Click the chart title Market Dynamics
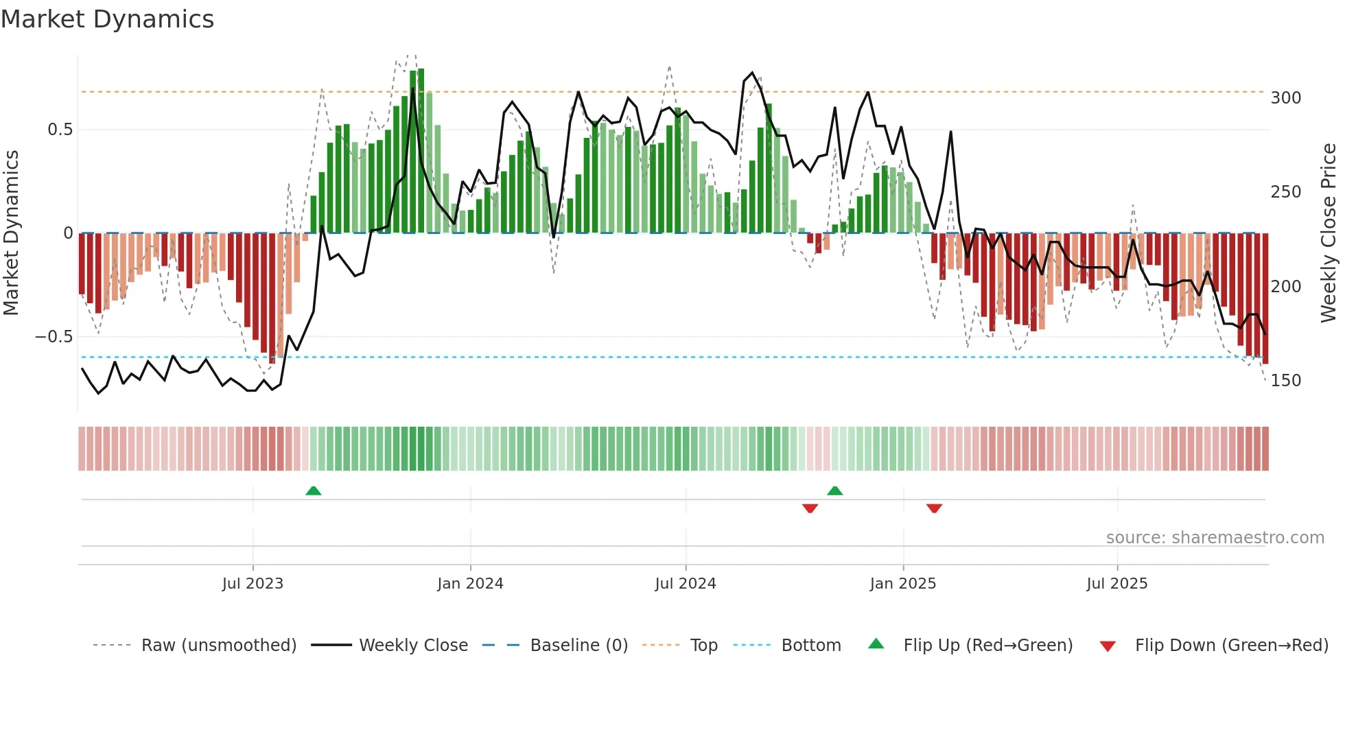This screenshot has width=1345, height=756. point(107,19)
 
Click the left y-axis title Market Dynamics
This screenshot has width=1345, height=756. point(11,233)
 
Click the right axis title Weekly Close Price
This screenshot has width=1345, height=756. point(1329,233)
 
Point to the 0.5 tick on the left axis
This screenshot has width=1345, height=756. point(60,130)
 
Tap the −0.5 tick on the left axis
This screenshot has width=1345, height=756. point(54,337)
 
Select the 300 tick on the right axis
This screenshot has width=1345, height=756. point(1285,98)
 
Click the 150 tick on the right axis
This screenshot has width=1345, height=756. point(1285,381)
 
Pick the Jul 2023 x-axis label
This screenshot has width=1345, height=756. point(253,584)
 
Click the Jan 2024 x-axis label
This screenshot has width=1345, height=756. point(470,584)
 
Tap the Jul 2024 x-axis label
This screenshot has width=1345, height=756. point(685,584)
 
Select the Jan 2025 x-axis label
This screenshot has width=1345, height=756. point(902,584)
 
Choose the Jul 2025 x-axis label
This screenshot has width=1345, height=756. point(1116,584)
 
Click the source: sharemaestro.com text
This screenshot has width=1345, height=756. point(1215,538)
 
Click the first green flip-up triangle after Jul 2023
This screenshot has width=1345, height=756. point(313,491)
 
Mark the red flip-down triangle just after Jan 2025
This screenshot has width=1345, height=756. point(934,508)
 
